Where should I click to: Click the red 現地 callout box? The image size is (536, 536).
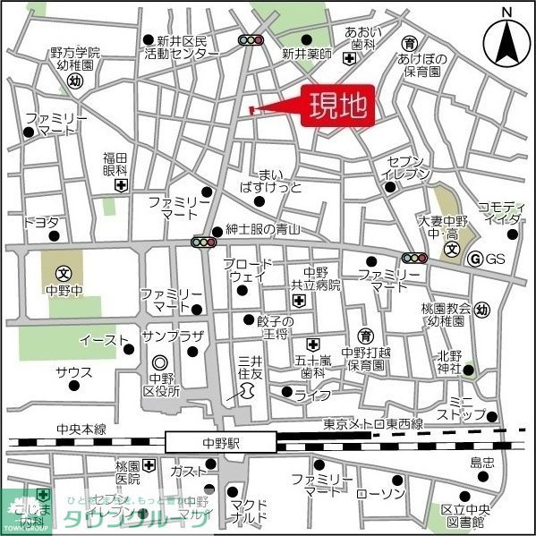[x=337, y=107]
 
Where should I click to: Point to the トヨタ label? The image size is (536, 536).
[x=41, y=221]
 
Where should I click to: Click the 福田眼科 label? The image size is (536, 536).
[x=116, y=163]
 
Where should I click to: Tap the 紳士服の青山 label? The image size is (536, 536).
[x=262, y=230]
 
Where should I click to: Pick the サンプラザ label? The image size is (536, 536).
[x=174, y=336]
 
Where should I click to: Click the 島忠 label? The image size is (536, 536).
[x=483, y=463]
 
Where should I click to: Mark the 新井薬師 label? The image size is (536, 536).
[x=307, y=55]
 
